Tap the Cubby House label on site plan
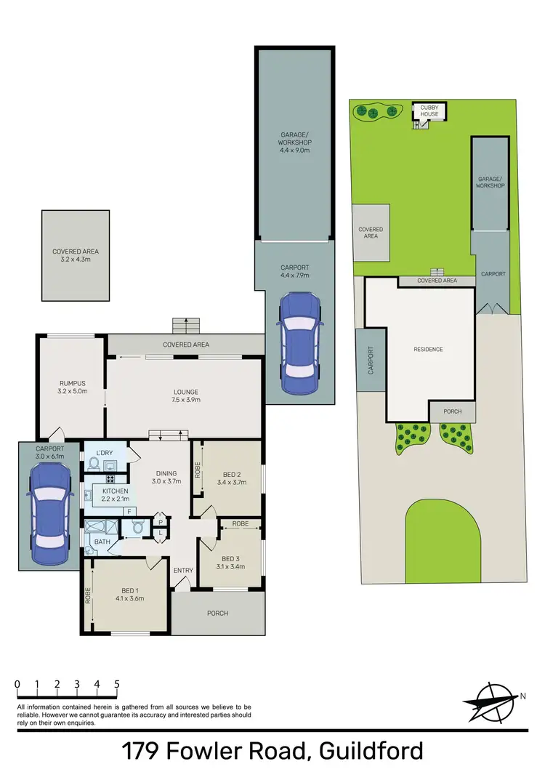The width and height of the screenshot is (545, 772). [x=429, y=111]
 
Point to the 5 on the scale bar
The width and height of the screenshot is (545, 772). [x=116, y=684]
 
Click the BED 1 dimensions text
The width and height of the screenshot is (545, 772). [x=129, y=599]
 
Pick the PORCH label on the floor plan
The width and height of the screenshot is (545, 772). [x=217, y=613]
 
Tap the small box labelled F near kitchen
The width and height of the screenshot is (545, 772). [x=130, y=512]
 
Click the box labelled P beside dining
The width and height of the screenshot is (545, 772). [x=161, y=521]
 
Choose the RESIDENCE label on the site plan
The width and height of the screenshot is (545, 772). [x=428, y=350]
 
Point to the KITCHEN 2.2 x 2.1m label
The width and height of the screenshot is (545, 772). [x=110, y=495]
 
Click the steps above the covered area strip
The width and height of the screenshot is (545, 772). [x=187, y=325]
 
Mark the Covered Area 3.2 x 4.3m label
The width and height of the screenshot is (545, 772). [x=76, y=255]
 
